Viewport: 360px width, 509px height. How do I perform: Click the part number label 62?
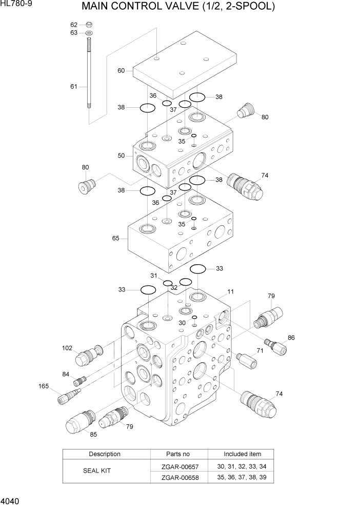point(74,25)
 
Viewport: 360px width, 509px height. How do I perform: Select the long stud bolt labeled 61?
point(89,77)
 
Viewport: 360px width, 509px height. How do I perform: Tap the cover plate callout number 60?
point(121,71)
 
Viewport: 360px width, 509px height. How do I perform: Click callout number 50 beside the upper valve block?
point(121,155)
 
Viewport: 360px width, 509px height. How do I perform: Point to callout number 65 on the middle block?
point(115,238)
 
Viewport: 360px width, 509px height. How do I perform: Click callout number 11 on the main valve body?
point(231,291)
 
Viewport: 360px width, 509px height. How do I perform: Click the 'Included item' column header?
point(242,454)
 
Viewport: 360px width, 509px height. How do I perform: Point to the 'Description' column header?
point(105,454)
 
